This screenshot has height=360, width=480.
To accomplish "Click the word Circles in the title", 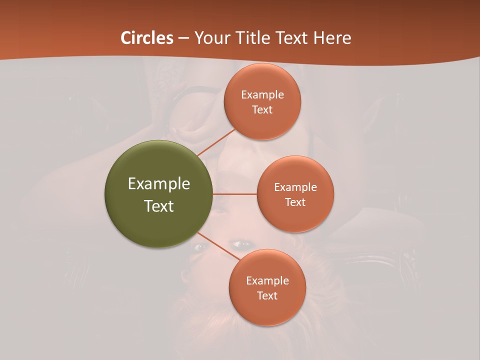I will coord(147,38).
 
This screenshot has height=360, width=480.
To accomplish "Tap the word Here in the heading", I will coord(332,38).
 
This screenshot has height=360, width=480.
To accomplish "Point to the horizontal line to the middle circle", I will coord(235,194).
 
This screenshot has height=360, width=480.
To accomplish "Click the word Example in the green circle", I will coord(159,184).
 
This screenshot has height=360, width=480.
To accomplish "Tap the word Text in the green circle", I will coord(159,206).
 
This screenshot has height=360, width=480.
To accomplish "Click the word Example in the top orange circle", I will coord(262,94).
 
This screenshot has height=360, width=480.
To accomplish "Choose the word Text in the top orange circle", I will coord(262,109).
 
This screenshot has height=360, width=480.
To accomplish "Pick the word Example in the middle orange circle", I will coord(295,187).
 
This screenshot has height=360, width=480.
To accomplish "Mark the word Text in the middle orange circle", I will coord(295,202).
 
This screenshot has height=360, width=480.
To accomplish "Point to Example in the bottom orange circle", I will coord(267,280).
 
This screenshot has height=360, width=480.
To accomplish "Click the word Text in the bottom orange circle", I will coord(267,295).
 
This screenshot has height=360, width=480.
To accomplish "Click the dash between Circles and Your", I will coord(183,38).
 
